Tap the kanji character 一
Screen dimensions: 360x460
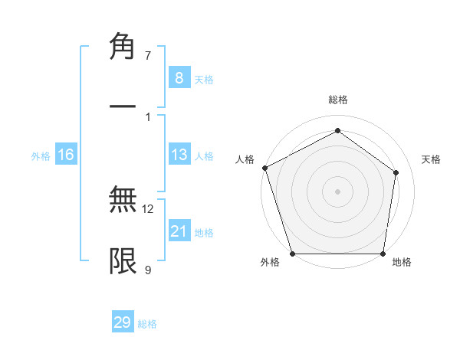(x=123, y=106)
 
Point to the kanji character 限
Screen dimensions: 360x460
(x=123, y=261)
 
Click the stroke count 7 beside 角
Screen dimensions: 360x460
(x=148, y=56)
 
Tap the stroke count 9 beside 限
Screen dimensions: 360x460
(x=148, y=270)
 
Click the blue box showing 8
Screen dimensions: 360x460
(x=179, y=78)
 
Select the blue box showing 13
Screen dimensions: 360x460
(x=179, y=155)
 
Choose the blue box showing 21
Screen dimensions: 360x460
(x=179, y=231)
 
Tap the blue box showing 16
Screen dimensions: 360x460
(x=65, y=155)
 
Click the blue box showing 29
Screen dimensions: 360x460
(x=123, y=322)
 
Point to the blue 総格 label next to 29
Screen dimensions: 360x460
(x=147, y=324)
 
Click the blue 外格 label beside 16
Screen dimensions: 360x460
(x=41, y=156)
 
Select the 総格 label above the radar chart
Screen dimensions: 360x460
(x=337, y=100)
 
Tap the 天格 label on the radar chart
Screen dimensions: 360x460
(x=431, y=159)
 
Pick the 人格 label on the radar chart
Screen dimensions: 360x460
(x=245, y=159)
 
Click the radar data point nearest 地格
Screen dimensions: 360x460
(x=383, y=254)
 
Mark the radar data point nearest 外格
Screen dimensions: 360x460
(x=292, y=254)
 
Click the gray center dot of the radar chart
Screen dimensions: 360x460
(x=337, y=191)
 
